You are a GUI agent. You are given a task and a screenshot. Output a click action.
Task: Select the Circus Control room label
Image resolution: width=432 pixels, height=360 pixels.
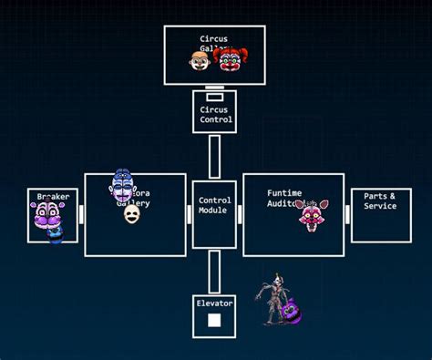[x=215, y=115]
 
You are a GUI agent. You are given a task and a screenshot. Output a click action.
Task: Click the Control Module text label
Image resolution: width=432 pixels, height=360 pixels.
[x=214, y=205]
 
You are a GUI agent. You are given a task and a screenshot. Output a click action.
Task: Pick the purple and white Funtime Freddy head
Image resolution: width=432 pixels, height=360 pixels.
[x=46, y=217]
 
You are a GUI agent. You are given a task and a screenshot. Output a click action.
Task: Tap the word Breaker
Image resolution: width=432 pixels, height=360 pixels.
[x=53, y=197]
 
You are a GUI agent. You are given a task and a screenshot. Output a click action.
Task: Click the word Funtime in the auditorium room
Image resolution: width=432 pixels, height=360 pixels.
[x=284, y=193]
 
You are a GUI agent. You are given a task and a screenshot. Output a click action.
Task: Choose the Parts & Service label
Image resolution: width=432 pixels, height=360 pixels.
[x=380, y=201]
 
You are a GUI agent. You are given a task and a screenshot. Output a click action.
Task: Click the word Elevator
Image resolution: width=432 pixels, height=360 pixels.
[x=214, y=303]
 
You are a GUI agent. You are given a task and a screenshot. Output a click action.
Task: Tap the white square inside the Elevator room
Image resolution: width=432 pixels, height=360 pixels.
[x=214, y=320]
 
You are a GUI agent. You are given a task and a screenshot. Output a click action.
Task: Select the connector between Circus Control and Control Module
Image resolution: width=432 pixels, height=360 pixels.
[x=214, y=157]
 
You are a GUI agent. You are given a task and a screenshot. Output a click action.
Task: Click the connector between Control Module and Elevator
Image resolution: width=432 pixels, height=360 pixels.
[x=214, y=272]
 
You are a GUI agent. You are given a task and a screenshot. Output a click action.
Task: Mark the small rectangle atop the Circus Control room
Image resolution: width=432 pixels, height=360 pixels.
[x=214, y=96]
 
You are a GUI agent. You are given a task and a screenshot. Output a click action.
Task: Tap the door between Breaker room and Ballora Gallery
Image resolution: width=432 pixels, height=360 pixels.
[x=80, y=214]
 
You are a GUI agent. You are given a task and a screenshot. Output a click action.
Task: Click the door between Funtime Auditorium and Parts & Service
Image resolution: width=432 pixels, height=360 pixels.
[x=347, y=214]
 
